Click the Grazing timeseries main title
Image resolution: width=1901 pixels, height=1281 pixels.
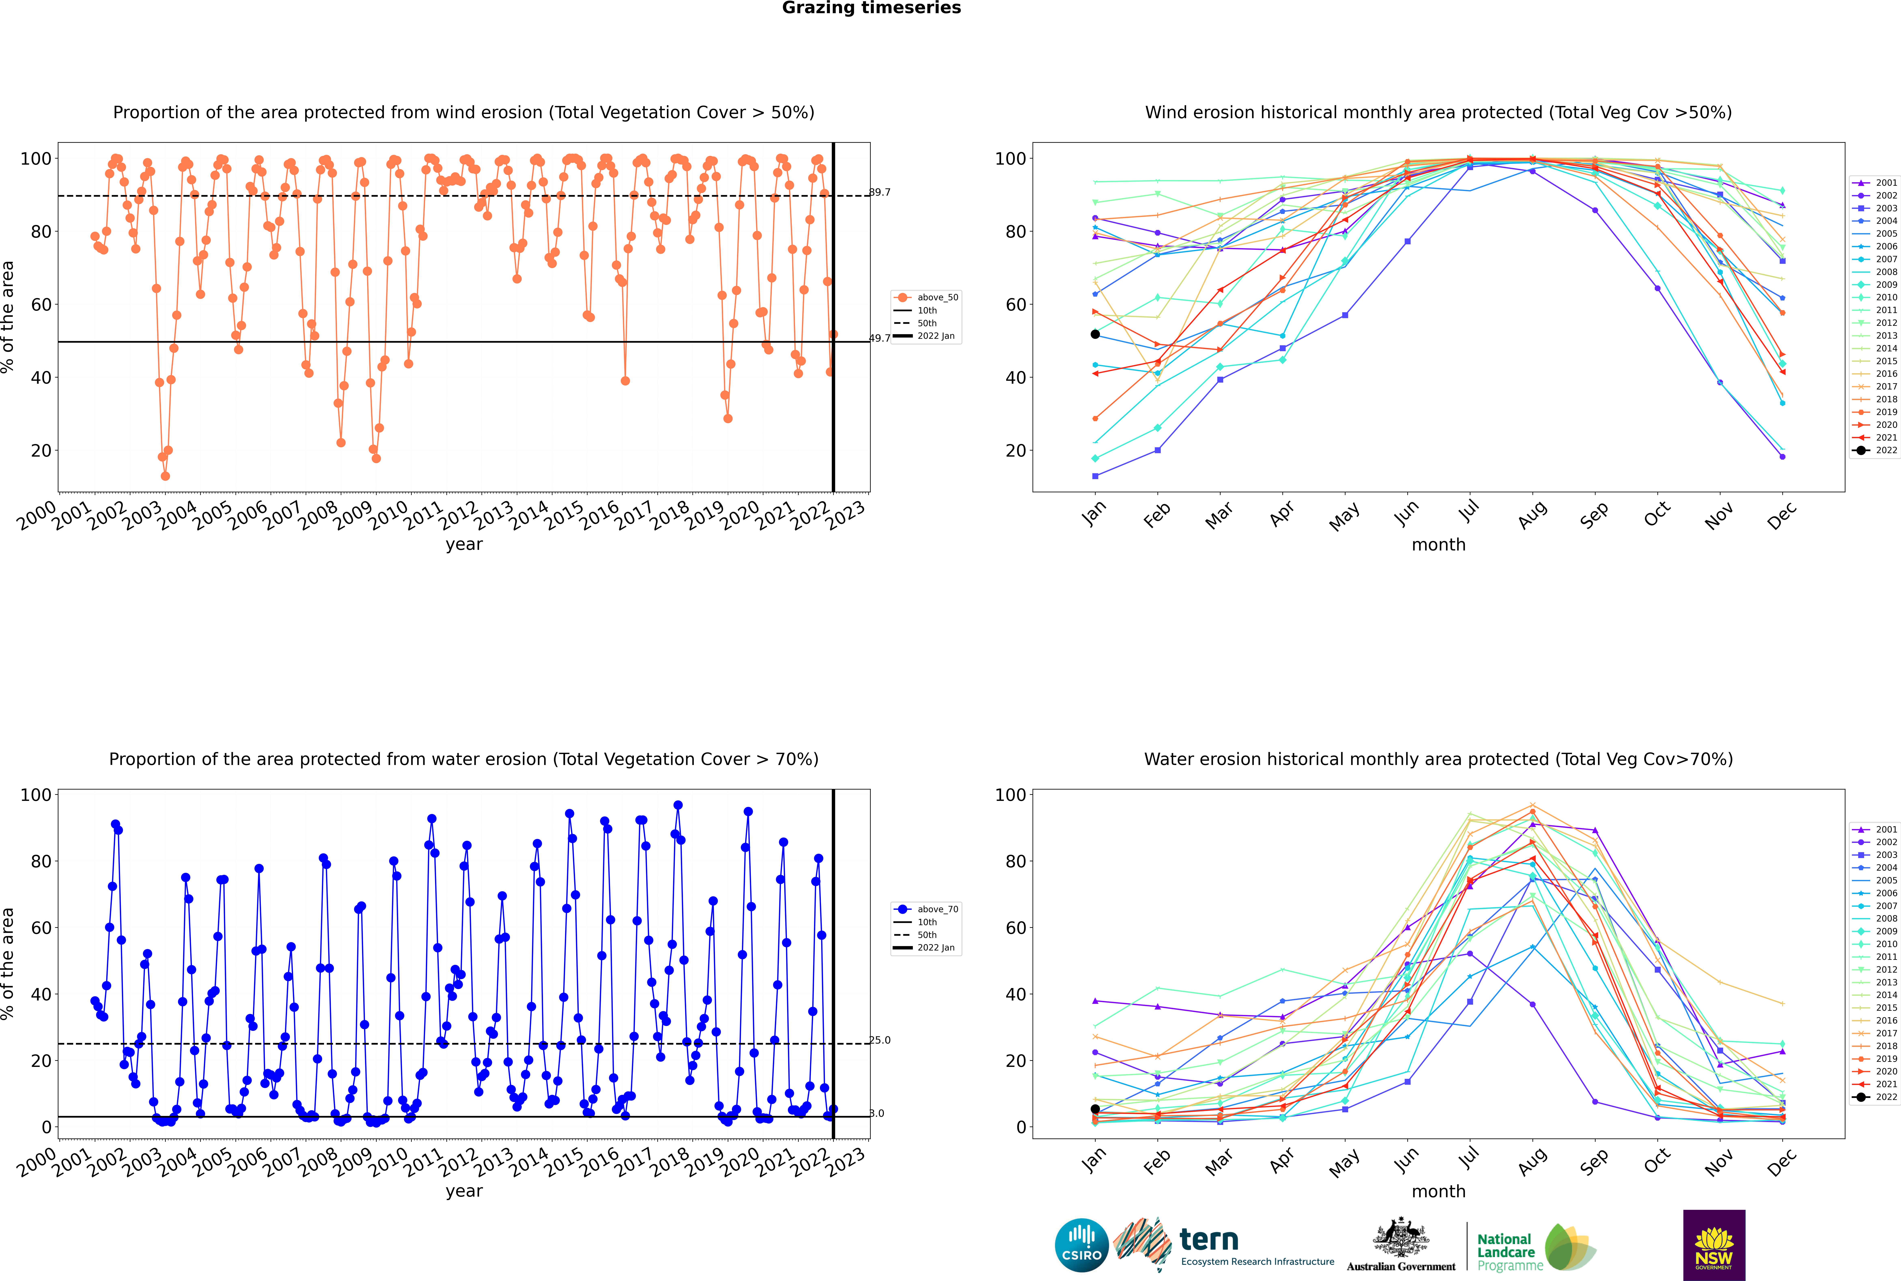(x=871, y=8)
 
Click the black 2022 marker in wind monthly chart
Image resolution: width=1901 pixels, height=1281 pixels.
(x=1095, y=334)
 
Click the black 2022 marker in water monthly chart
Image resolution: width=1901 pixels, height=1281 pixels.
(x=1095, y=1109)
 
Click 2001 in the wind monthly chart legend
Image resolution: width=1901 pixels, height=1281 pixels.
(x=1886, y=183)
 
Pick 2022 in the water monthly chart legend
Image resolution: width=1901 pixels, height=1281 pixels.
(x=1886, y=1097)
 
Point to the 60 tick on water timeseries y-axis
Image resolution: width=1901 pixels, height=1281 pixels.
(x=41, y=928)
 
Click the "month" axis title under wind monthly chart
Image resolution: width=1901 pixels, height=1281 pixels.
(x=1438, y=545)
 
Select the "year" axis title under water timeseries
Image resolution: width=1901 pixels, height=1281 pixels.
(x=464, y=1192)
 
